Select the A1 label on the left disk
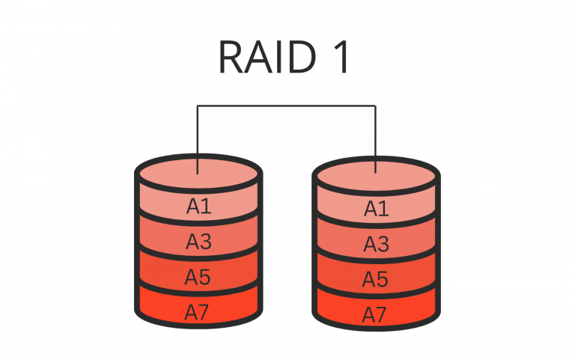pos(198,206)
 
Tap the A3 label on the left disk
pos(198,242)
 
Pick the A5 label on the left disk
pos(198,277)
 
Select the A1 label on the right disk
pos(377,209)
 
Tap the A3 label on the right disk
pos(377,244)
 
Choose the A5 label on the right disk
pos(377,279)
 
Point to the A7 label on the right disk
pos(377,314)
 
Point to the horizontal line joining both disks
pos(287,106)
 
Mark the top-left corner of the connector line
pos(198,106)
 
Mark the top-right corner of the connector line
pos(376,106)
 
